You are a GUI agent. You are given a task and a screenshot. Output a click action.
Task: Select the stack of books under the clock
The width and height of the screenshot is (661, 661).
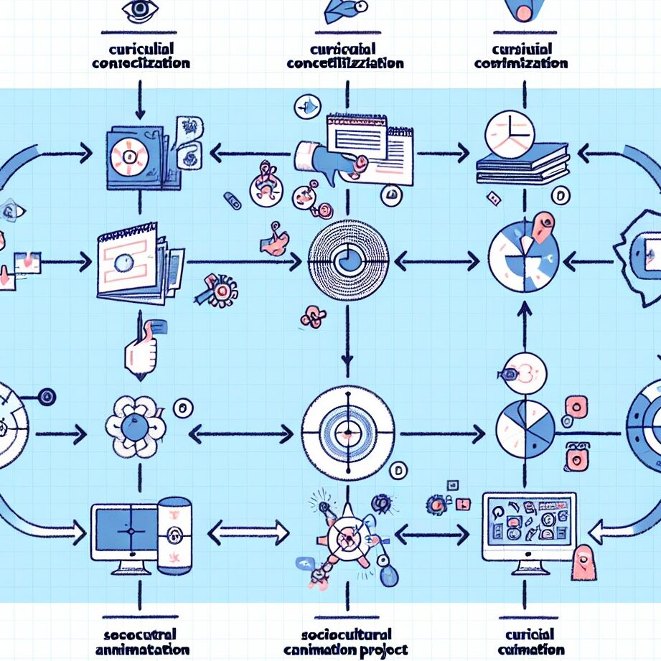pyautogui.click(x=522, y=169)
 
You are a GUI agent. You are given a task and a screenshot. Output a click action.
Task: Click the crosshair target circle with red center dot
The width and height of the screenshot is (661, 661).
pyautogui.click(x=348, y=432)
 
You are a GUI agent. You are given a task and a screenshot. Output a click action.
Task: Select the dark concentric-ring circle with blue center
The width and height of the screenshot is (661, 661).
pyautogui.click(x=348, y=255)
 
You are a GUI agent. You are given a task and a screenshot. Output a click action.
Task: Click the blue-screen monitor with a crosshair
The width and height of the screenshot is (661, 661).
pyautogui.click(x=125, y=532)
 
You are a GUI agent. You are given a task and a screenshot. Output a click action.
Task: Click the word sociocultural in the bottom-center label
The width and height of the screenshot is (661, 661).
pyautogui.click(x=347, y=634)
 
